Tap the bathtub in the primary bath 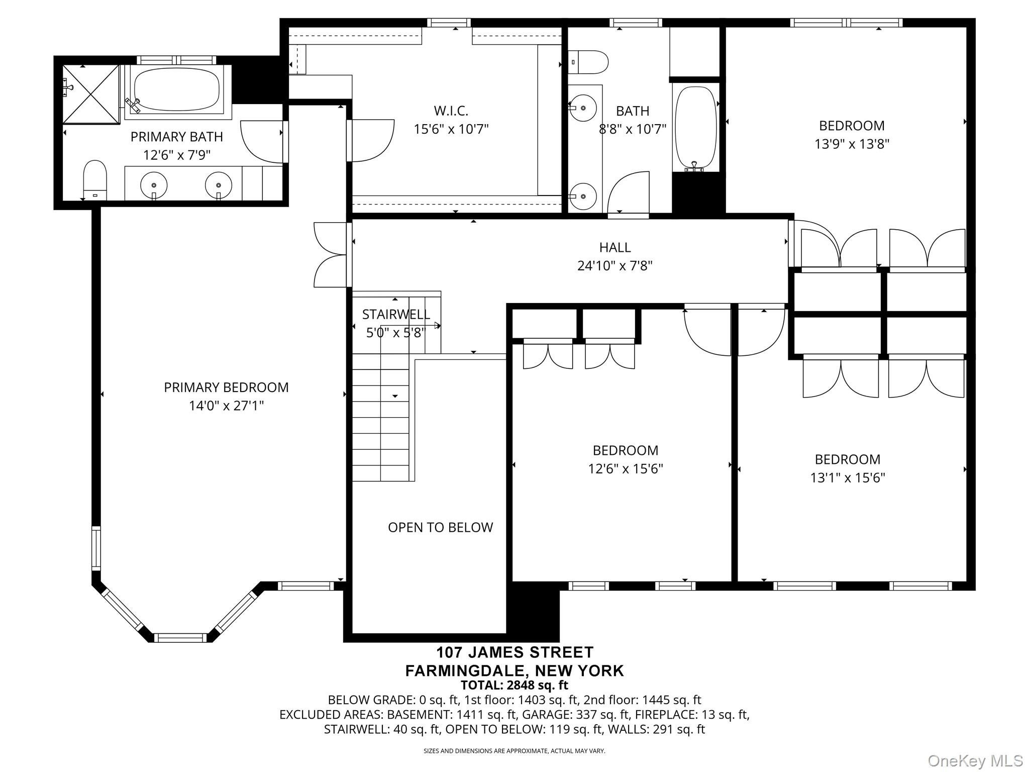(177, 89)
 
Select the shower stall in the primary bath (90, 93)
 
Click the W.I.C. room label (451, 111)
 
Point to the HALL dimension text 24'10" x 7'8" (614, 265)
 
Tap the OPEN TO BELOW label (440, 527)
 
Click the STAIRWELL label (396, 314)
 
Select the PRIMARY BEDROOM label (226, 388)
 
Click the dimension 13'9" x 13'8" (852, 144)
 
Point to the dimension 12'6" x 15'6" (626, 469)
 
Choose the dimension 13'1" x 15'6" (847, 477)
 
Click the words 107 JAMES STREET (514, 652)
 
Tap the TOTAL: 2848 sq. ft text (514, 685)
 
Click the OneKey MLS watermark (975, 760)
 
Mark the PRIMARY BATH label (176, 137)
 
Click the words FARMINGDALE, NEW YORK (514, 670)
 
